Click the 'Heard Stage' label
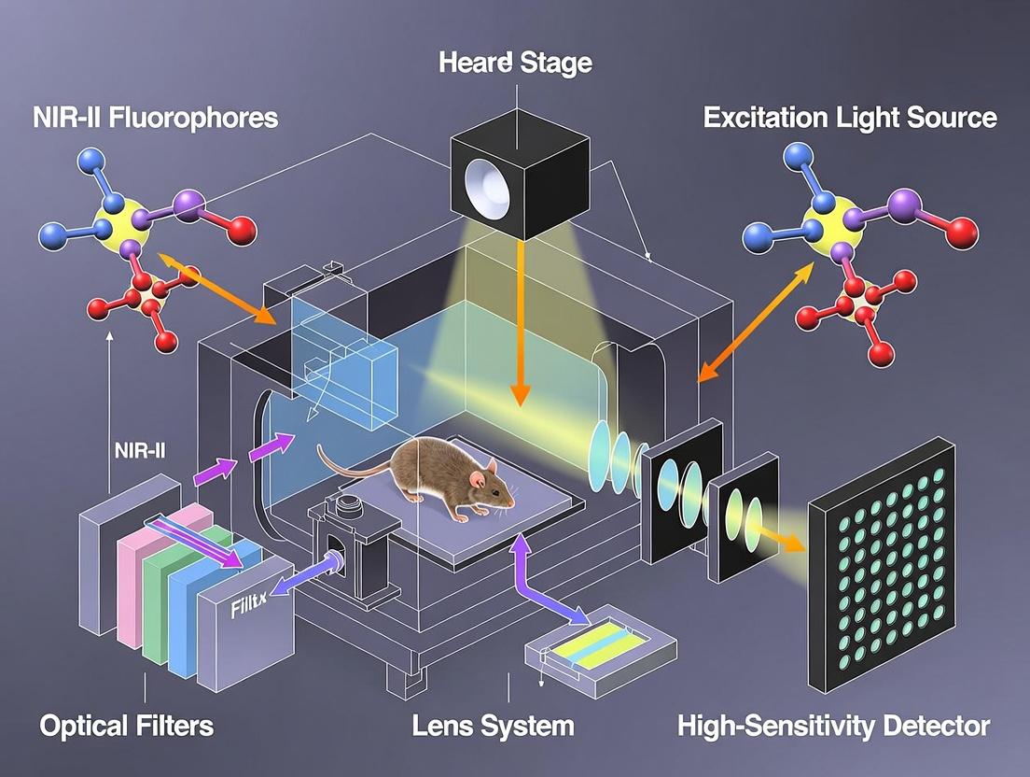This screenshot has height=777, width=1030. click(x=514, y=64)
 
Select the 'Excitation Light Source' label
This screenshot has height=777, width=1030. click(x=850, y=118)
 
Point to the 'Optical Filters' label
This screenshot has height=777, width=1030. click(x=127, y=726)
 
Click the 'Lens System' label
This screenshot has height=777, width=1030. click(x=494, y=726)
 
